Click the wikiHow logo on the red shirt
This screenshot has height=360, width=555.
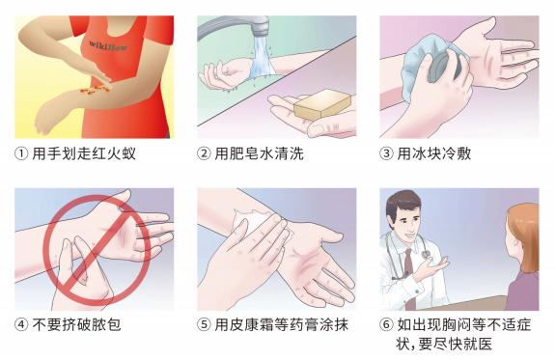[108, 45]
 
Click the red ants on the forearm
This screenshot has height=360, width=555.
[93, 89]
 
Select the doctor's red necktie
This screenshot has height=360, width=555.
[410, 277]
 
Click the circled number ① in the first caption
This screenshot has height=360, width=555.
[21, 154]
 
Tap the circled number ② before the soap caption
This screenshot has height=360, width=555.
[204, 154]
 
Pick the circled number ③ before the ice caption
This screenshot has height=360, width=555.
[386, 154]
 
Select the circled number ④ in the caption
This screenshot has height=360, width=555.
[21, 324]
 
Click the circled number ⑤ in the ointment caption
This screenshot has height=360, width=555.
[204, 324]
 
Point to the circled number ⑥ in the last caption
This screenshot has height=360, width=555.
[386, 324]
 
